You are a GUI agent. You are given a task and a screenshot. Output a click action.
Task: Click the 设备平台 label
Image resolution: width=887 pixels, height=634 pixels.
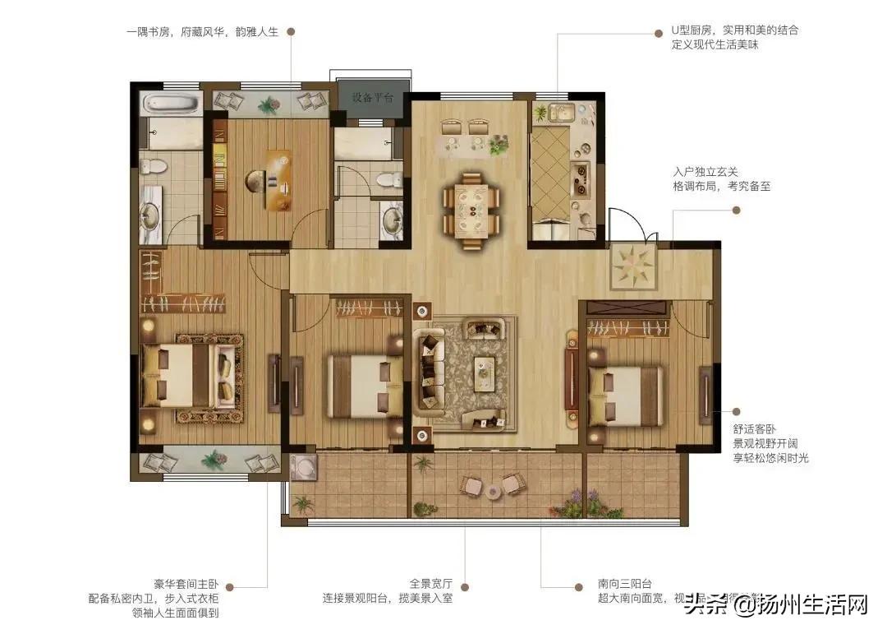tap(373, 97)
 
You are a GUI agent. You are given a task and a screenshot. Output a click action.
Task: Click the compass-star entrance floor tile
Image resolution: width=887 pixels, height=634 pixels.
tap(634, 265)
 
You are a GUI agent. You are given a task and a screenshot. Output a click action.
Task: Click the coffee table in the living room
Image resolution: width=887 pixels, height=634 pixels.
tap(485, 372)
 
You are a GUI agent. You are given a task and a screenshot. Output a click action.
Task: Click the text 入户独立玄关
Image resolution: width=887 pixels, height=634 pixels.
tap(705, 172)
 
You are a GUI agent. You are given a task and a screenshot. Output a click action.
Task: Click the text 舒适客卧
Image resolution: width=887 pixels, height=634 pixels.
tap(755, 428)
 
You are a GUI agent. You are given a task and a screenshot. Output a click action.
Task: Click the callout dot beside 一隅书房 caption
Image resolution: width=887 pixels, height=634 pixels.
tap(291, 31)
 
